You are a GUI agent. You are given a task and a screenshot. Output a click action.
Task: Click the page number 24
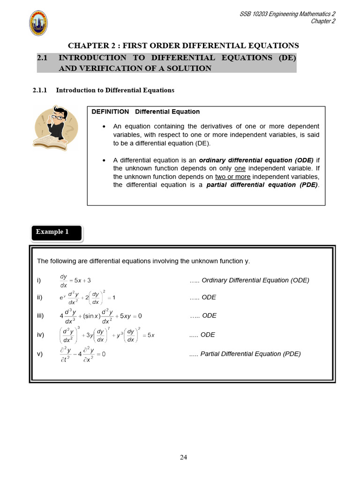[184, 457]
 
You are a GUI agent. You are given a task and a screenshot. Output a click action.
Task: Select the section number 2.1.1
[41, 90]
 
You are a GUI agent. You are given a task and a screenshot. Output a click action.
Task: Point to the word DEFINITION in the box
[110, 112]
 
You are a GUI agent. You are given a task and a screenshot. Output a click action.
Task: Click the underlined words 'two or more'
[232, 177]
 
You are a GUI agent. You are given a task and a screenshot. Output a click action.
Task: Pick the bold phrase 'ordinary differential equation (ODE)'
[256, 160]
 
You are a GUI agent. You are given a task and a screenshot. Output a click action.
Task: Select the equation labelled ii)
[87, 298]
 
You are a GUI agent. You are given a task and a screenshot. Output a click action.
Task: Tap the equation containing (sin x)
[100, 316]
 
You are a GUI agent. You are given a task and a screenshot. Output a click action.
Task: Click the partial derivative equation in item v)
[82, 354]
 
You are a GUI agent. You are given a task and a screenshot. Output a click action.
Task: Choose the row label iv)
[40, 335]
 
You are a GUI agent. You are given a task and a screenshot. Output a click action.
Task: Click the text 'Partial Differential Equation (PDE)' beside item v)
[250, 354]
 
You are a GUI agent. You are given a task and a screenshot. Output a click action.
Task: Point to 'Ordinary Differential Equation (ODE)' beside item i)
[255, 280]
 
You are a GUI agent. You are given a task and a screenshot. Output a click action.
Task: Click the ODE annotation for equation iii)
[209, 316]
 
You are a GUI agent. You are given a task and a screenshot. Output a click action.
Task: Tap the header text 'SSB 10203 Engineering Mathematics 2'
[287, 15]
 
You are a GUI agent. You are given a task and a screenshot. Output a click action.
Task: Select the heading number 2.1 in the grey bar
[43, 58]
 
